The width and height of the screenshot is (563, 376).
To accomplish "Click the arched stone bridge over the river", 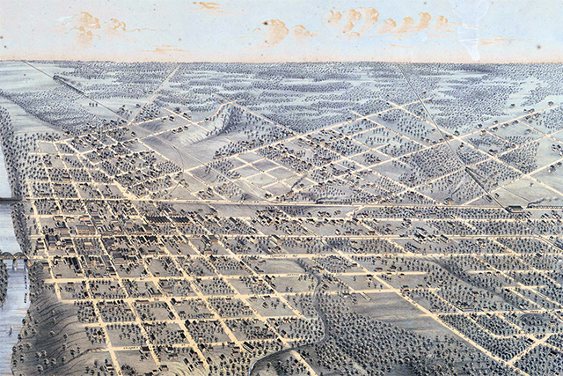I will click(12, 257).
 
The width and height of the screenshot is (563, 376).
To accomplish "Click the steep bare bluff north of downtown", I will click(224, 119).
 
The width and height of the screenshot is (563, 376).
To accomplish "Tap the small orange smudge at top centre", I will click(209, 7).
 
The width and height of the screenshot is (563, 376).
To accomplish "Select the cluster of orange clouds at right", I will click(387, 21).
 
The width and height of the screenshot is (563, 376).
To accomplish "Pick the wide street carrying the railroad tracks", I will click(264, 204).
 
